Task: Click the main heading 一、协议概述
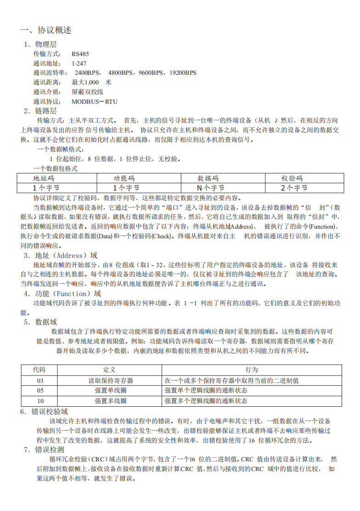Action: pos(46,31)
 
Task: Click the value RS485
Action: pos(80,54)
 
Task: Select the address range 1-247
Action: pos(79,63)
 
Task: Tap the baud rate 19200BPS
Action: pos(183,73)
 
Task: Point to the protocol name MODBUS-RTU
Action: pos(95,101)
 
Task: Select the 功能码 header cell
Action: pos(124,178)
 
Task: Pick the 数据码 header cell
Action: pos(208,178)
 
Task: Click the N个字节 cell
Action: pos(210,187)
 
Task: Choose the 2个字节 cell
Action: pos(294,187)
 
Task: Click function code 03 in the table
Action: pos(40,381)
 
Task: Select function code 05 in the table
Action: pos(40,391)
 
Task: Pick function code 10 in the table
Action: pos(40,401)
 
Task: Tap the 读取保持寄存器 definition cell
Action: pos(111,381)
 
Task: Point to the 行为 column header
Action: pos(252,370)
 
